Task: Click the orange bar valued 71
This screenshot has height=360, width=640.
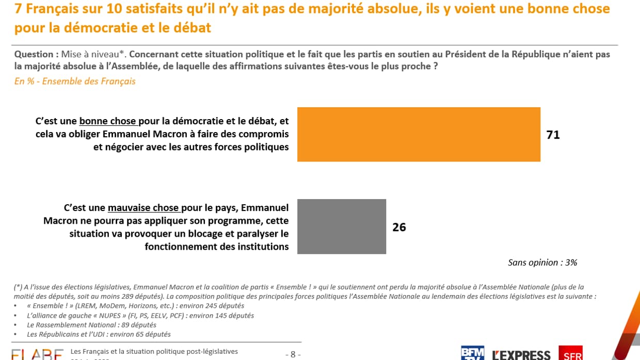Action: [419, 134]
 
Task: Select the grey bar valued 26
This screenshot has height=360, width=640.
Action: [342, 226]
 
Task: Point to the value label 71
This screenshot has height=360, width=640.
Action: [553, 135]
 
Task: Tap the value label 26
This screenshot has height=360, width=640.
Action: [399, 227]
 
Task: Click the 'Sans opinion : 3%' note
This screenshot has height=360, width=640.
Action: [542, 263]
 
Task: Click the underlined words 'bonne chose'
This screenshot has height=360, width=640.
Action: [108, 121]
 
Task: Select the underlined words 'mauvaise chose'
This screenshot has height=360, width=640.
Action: [144, 208]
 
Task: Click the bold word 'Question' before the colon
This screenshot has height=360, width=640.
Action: [34, 54]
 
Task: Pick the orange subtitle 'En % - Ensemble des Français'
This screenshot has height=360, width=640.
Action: [75, 81]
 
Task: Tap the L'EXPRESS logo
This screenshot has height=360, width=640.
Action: [521, 354]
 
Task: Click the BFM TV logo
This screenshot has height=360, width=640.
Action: [472, 353]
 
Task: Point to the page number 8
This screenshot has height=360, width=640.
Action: [293, 354]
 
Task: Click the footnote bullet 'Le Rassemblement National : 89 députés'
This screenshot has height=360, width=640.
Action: [91, 325]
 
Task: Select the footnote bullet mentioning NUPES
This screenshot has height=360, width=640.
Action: [140, 316]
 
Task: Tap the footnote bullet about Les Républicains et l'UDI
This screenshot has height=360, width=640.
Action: [99, 334]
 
